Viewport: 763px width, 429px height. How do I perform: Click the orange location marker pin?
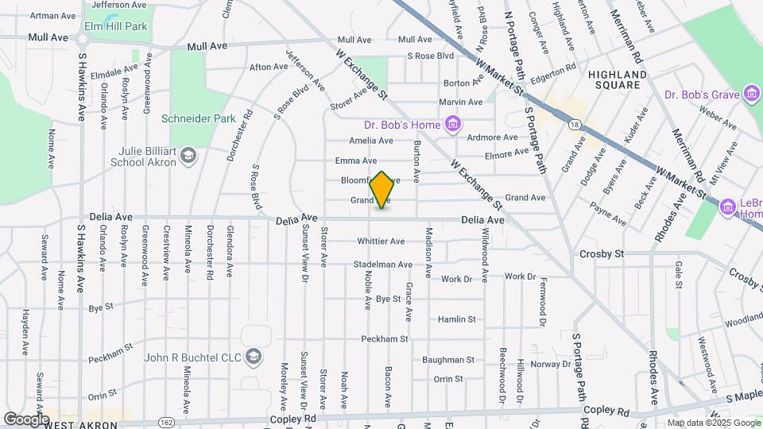(x=381, y=190)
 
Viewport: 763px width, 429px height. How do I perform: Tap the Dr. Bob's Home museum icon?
(x=453, y=123)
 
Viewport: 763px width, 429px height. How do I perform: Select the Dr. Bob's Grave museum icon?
(x=751, y=95)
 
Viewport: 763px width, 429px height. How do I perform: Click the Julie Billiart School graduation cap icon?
(x=188, y=154)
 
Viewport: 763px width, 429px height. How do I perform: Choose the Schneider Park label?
(x=199, y=118)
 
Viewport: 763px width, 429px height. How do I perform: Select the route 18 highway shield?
(x=574, y=123)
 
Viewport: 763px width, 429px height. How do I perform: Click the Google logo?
(x=26, y=419)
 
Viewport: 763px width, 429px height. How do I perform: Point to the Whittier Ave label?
(x=381, y=241)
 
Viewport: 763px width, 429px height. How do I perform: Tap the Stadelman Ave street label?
(x=384, y=265)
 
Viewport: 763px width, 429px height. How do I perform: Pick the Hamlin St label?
(x=456, y=319)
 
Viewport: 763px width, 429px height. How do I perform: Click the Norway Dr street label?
(x=546, y=364)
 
